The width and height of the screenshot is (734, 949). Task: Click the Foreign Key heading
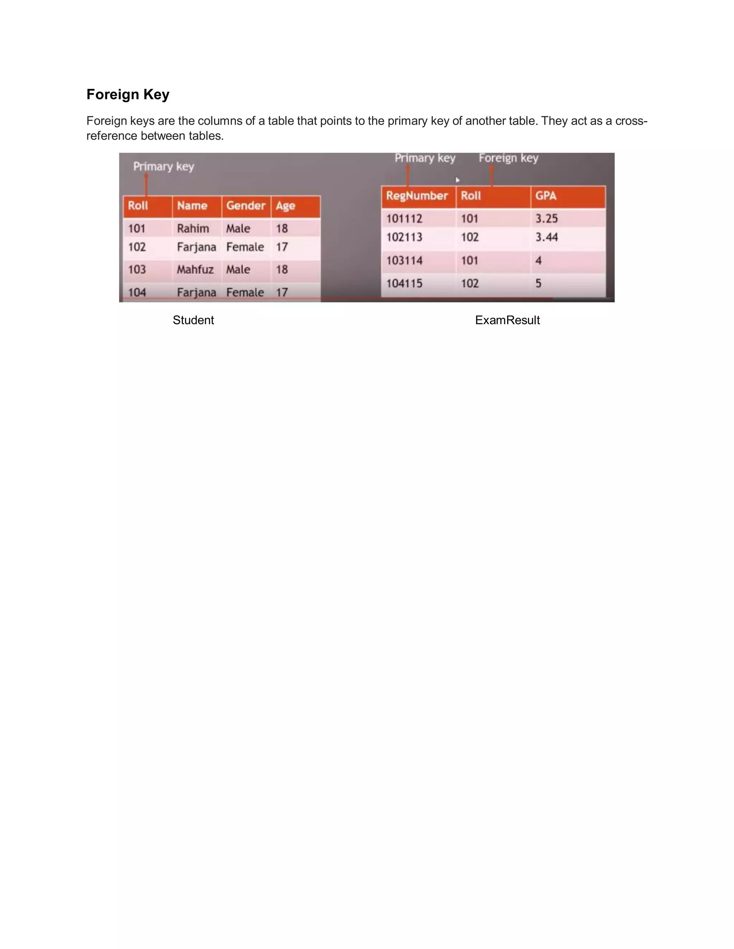(x=128, y=94)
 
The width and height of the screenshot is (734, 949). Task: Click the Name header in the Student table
(x=192, y=206)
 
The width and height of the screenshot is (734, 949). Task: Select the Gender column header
(x=246, y=206)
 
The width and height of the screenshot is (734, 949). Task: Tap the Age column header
(x=285, y=206)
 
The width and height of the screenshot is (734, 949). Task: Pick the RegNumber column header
(x=416, y=196)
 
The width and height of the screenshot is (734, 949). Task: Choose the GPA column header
(x=546, y=196)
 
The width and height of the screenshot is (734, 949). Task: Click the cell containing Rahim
(x=192, y=228)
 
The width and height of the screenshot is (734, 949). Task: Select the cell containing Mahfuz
(x=195, y=269)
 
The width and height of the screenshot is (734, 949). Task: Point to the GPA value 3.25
(x=546, y=218)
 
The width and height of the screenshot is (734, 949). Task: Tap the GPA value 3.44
(x=546, y=237)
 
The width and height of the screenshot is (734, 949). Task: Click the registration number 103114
(x=404, y=261)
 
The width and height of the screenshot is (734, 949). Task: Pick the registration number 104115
(x=404, y=283)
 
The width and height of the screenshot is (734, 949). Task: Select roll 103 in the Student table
(x=137, y=269)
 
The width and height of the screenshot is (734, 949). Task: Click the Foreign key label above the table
(x=508, y=158)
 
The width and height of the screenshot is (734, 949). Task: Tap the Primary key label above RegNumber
(x=425, y=158)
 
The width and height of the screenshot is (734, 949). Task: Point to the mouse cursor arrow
(x=457, y=180)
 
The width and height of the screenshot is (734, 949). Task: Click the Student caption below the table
(x=193, y=320)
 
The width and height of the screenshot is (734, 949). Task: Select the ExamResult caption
(x=507, y=320)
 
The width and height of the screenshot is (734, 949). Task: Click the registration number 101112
(x=404, y=218)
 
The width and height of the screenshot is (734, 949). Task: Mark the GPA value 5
(x=538, y=283)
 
